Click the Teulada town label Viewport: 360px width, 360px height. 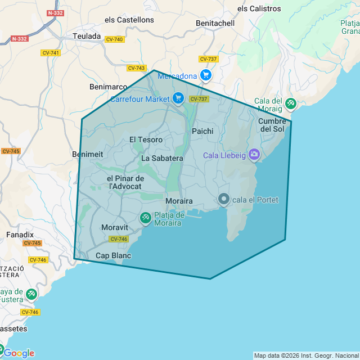point(87,36)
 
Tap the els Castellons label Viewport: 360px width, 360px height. point(129,20)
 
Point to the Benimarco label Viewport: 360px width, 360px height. point(108,87)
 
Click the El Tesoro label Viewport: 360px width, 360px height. point(146,139)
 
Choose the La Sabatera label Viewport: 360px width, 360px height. point(162,158)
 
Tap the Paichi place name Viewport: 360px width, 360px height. point(202,131)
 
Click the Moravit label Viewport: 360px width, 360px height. point(115,227)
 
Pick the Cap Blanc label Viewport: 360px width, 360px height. point(113,255)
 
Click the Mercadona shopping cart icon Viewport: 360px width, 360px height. point(206,75)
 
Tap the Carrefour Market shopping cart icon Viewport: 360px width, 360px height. point(178,98)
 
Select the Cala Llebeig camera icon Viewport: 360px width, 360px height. point(254,154)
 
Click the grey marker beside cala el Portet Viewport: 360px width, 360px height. point(224,199)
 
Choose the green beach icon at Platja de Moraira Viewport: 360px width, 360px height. point(145,217)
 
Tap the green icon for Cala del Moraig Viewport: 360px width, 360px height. point(290,103)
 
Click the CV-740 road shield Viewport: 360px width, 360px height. point(114,39)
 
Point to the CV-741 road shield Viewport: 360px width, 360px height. point(51,53)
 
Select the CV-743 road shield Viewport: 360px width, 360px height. point(136,68)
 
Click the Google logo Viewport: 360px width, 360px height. point(19,353)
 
